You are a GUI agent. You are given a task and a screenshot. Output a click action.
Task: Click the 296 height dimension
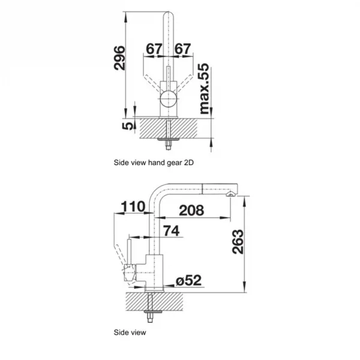pyautogui.click(x=119, y=58)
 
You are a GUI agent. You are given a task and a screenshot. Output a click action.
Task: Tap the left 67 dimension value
pyautogui.click(x=154, y=49)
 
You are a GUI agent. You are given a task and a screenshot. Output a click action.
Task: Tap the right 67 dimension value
pyautogui.click(x=182, y=49)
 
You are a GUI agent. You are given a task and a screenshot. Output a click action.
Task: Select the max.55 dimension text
pyautogui.click(x=205, y=88)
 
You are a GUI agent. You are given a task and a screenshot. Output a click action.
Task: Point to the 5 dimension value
pyautogui.click(x=128, y=126)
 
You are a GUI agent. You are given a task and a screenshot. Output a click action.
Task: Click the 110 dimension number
pyautogui.click(x=133, y=206)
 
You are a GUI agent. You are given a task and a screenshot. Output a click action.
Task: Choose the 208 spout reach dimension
pyautogui.click(x=191, y=211)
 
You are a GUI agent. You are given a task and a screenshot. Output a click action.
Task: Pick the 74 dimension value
pyautogui.click(x=171, y=231)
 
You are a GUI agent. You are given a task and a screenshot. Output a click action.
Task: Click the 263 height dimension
pyautogui.click(x=238, y=242)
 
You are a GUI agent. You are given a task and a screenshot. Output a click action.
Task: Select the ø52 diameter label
pyautogui.click(x=188, y=280)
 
